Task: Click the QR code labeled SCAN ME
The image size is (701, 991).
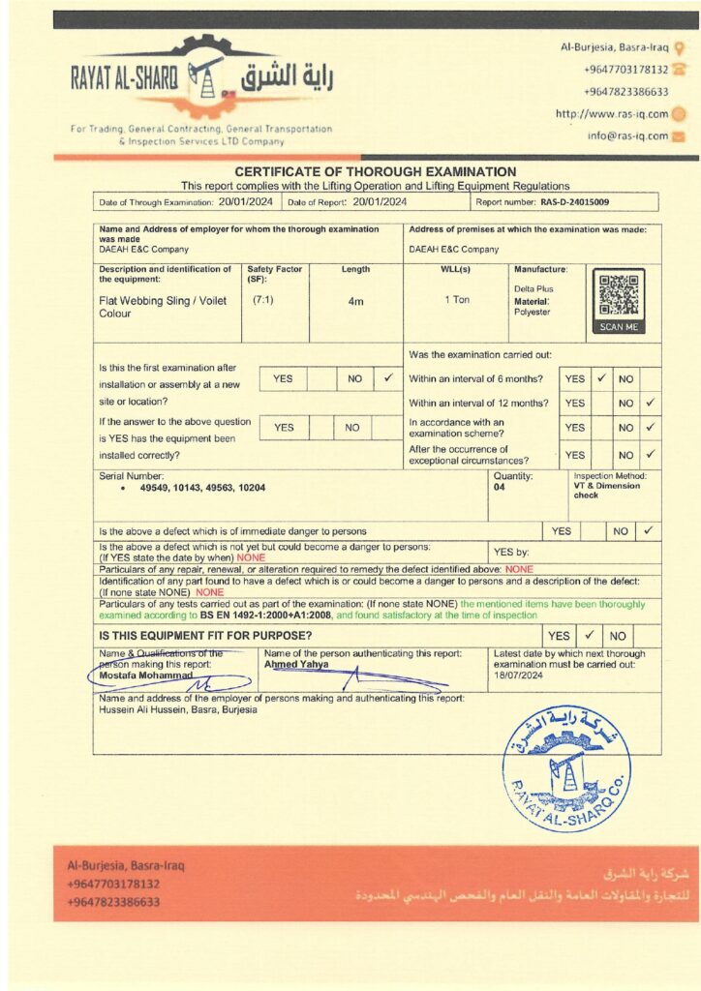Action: [x=618, y=296]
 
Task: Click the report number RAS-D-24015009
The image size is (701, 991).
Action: [x=575, y=202]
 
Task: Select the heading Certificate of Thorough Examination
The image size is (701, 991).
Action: [x=376, y=171]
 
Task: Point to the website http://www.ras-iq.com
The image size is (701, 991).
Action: [x=612, y=113]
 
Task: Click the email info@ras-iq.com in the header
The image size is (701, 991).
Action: [x=627, y=135]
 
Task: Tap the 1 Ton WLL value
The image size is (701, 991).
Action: [x=457, y=300]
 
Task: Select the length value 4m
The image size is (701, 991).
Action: [x=355, y=301]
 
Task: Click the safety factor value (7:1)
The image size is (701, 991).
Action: [x=263, y=300]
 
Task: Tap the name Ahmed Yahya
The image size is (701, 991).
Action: [x=296, y=665]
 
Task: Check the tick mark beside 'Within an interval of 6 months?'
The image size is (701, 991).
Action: [x=601, y=378]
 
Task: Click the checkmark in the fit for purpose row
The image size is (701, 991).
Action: [x=587, y=636]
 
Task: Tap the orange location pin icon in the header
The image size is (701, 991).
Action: [x=680, y=46]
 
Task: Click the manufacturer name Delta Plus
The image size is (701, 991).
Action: [x=534, y=288]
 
